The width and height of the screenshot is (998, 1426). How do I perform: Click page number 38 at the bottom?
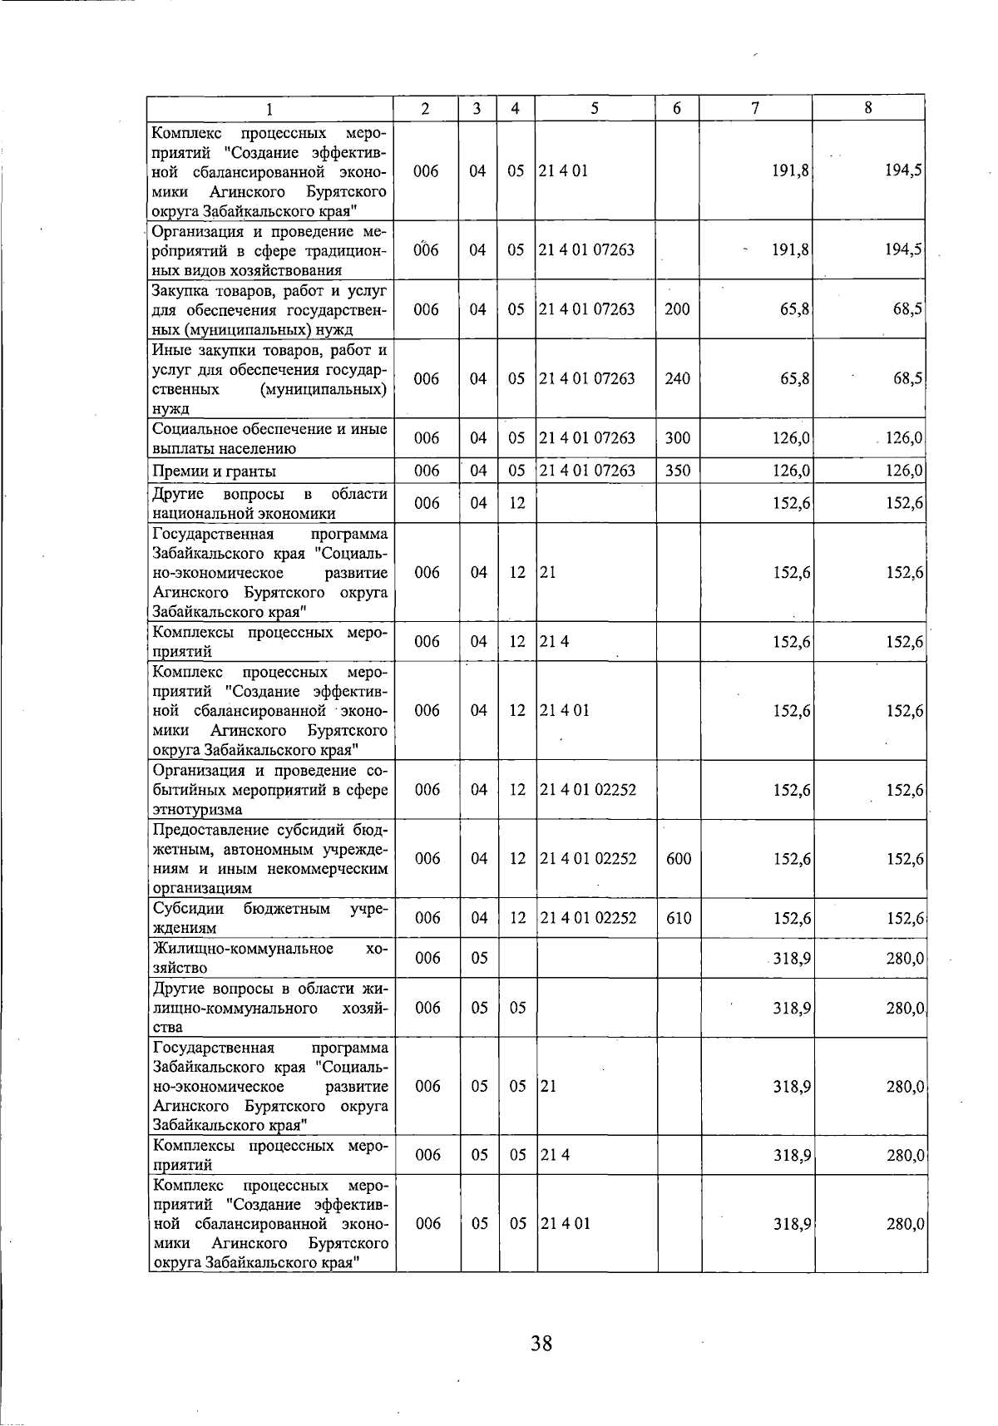[x=541, y=1342]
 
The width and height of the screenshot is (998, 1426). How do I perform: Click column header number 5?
[x=595, y=108]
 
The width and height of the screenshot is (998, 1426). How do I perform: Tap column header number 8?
[x=868, y=108]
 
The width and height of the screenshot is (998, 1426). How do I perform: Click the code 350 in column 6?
[x=678, y=471]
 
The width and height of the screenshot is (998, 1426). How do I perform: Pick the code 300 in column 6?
[x=678, y=438]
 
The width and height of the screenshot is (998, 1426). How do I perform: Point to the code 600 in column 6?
[x=679, y=859]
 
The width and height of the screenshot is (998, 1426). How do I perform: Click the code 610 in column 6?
[x=679, y=918]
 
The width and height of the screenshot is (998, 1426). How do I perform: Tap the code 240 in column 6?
[x=678, y=378]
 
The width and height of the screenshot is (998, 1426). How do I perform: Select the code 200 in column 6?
[x=678, y=309]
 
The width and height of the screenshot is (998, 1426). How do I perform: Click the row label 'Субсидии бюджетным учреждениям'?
[x=269, y=918]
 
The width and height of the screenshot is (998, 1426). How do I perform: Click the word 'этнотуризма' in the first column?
[x=197, y=809]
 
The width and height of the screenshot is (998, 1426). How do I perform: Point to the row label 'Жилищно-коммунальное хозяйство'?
[x=269, y=958]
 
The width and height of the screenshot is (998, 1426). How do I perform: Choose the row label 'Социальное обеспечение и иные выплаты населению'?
[x=269, y=438]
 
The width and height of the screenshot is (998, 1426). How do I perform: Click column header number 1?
[x=269, y=108]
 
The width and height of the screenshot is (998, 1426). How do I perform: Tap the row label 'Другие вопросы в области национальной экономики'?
[x=269, y=503]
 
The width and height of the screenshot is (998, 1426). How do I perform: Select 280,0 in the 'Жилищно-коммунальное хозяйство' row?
[x=905, y=959]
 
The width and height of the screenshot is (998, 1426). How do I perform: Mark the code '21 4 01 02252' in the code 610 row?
[x=588, y=918]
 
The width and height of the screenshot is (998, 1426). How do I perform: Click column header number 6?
[x=678, y=108]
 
